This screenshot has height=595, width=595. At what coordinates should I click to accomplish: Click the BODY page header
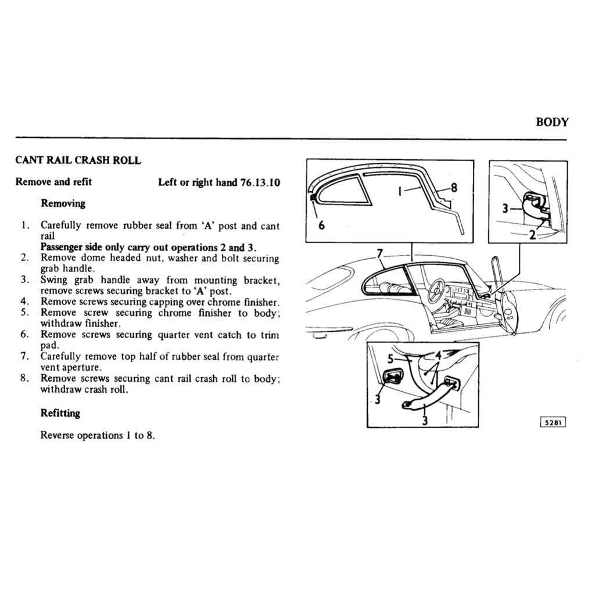[x=551, y=122]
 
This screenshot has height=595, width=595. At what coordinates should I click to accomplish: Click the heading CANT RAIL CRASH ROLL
[x=78, y=160]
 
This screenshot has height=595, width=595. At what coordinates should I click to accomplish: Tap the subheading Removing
[x=63, y=203]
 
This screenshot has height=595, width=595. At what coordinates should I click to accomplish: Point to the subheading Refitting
[x=60, y=413]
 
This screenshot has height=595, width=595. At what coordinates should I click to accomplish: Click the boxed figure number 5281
[x=553, y=422]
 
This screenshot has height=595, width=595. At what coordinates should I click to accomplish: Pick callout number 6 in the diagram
[x=321, y=226]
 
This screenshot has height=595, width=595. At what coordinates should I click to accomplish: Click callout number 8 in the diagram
[x=454, y=187]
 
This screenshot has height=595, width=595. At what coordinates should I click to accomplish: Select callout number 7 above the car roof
[x=379, y=254]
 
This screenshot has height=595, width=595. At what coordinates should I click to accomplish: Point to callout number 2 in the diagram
[x=531, y=235]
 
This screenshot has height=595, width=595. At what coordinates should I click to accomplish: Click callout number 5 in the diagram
[x=391, y=359]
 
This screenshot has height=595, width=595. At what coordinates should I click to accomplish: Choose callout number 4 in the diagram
[x=438, y=354]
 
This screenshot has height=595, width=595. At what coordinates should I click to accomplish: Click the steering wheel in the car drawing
[x=436, y=290]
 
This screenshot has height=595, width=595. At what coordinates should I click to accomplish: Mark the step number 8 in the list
[x=24, y=378]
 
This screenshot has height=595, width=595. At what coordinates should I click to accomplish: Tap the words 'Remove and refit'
[x=53, y=182]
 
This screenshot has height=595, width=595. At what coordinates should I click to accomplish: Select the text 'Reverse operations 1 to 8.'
[x=98, y=435]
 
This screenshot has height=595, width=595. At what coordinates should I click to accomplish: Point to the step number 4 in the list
[x=24, y=302]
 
